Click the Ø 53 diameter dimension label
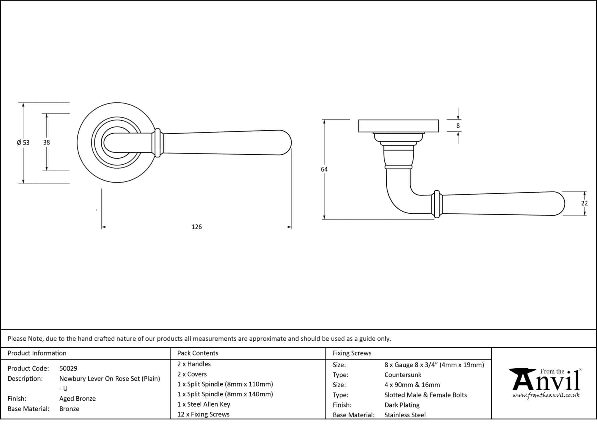tap(23, 142)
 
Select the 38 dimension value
tap(46, 142)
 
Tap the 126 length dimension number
tap(196, 227)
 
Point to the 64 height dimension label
tap(324, 169)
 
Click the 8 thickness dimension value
tap(458, 126)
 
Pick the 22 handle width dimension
tap(584, 203)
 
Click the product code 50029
tap(68, 368)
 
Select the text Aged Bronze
tap(77, 399)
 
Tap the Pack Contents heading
tap(198, 353)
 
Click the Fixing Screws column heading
tap(352, 353)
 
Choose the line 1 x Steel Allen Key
tap(203, 404)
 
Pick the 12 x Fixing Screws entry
tap(203, 414)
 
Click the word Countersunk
tap(403, 375)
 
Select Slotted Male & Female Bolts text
tap(425, 395)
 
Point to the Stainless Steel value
tap(405, 415)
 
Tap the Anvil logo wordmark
tap(546, 381)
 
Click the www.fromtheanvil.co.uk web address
tap(546, 396)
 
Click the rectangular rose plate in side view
tap(398, 126)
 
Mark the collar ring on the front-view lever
tap(157, 143)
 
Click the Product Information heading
tap(37, 353)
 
